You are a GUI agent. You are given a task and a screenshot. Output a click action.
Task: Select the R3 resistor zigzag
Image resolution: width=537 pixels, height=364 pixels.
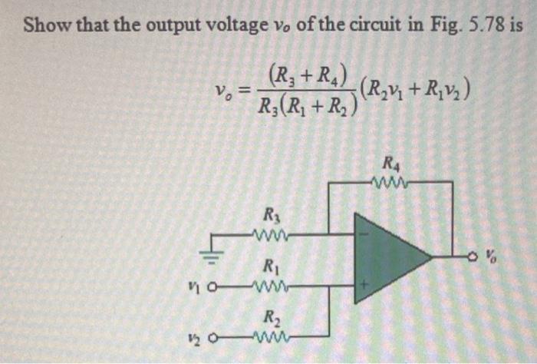(272, 232)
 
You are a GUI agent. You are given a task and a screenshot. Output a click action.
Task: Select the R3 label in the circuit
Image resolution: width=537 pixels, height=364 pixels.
(272, 213)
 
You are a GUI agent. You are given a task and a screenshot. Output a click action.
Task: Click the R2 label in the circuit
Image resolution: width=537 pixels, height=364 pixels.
(272, 316)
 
